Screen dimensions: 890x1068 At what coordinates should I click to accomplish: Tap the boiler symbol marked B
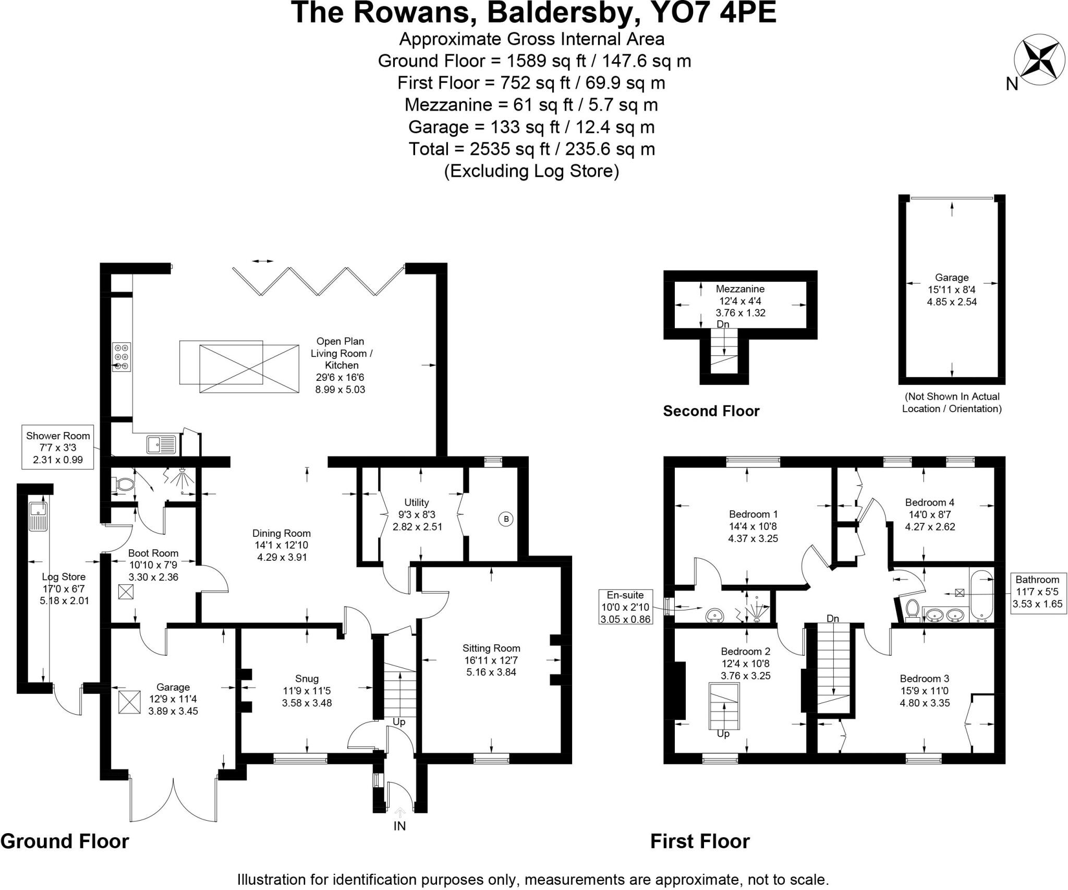[505, 519]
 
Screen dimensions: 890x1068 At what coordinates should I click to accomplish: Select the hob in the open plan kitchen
[122, 356]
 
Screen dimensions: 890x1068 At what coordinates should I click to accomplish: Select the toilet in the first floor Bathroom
[913, 610]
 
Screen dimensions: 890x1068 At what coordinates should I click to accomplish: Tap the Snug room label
[307, 679]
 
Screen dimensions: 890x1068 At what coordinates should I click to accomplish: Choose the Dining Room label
[282, 533]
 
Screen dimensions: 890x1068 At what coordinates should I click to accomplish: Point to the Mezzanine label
[740, 289]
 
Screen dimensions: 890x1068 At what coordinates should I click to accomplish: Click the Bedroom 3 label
[925, 679]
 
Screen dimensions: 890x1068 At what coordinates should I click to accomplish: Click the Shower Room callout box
[58, 448]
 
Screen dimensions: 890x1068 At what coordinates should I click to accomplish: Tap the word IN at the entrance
[399, 826]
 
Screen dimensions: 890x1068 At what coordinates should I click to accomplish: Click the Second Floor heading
[711, 411]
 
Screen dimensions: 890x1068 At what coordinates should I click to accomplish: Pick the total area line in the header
[531, 149]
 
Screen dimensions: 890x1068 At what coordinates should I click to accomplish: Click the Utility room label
[417, 502]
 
